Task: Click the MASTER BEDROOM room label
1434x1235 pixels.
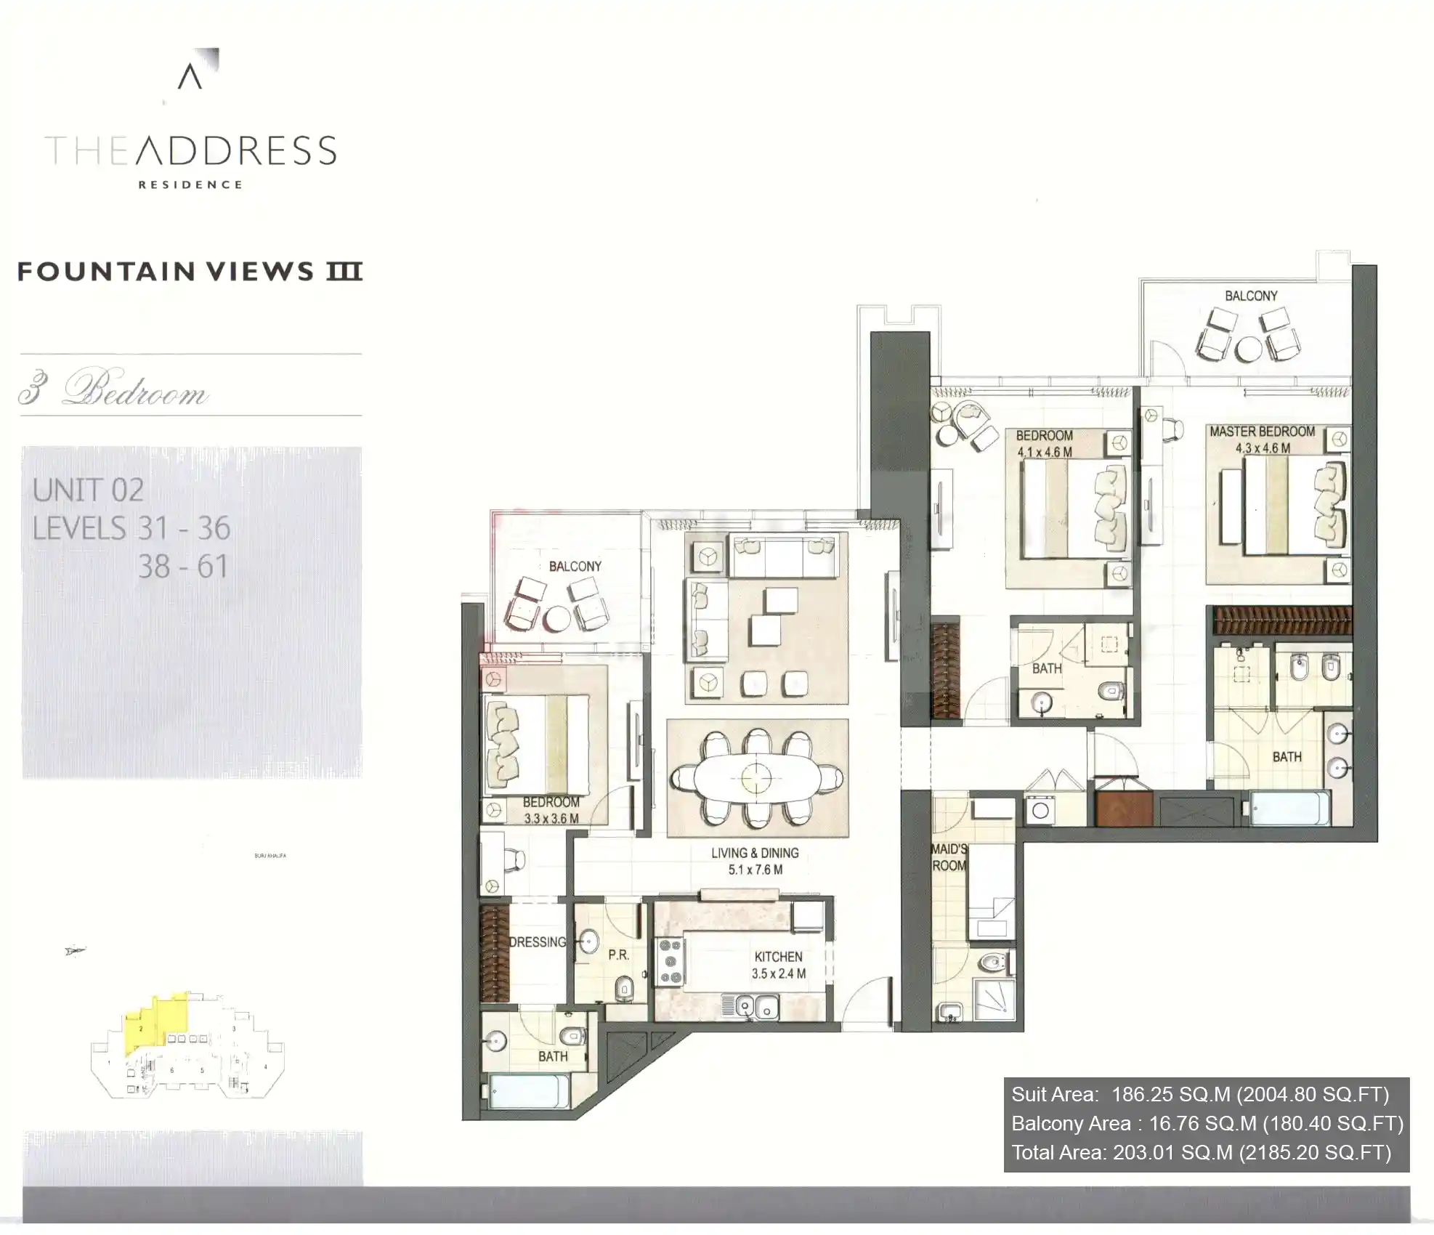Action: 1262,432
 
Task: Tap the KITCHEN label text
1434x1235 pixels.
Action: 778,957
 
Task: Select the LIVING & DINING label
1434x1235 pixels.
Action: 755,853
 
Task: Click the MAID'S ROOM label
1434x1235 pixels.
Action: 949,857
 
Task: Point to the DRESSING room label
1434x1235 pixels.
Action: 538,942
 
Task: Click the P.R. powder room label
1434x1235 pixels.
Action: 618,955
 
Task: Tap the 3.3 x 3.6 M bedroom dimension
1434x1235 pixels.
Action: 551,819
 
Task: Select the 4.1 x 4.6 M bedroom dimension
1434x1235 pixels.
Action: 1044,452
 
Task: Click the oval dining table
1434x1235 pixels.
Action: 756,779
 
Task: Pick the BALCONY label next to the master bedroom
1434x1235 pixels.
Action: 1250,296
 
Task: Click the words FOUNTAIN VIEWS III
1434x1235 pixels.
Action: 190,272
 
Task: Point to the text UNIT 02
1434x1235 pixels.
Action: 88,490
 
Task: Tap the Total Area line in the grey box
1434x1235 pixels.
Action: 1201,1152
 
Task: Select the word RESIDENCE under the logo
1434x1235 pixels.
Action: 190,185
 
